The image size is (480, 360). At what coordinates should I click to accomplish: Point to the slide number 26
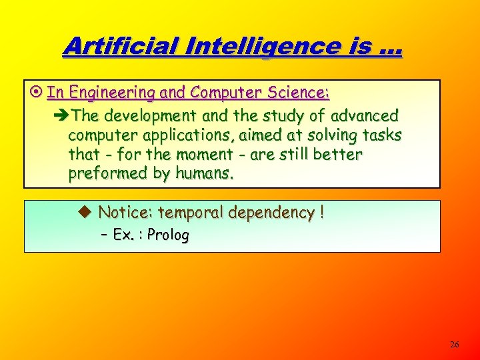click(x=455, y=345)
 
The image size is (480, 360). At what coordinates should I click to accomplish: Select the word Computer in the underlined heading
click(x=220, y=92)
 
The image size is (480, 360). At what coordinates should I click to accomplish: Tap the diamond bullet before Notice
click(x=84, y=213)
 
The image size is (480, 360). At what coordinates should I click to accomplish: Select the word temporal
click(x=193, y=213)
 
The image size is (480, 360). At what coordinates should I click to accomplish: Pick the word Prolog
click(x=168, y=235)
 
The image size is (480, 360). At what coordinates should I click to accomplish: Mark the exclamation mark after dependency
click(x=322, y=213)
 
